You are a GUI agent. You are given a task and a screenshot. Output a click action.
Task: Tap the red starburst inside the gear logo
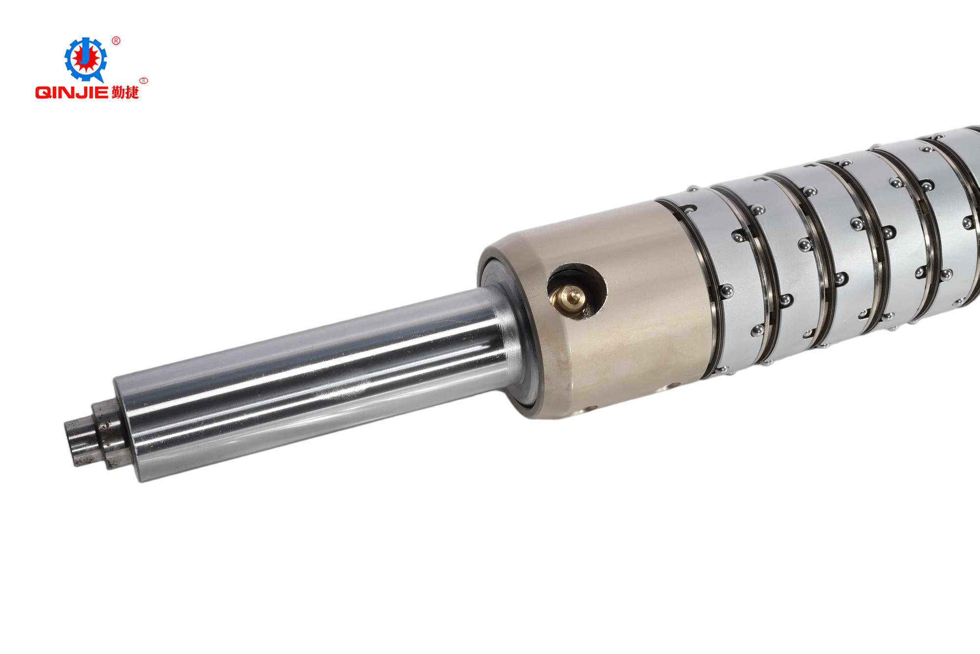click(86, 59)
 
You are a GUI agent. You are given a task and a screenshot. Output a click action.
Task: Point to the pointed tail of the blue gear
click(101, 78)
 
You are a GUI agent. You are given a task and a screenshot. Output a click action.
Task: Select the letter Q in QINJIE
click(43, 92)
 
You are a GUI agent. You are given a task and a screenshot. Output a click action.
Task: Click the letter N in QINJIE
click(68, 92)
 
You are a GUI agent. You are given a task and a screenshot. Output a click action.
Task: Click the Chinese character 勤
click(118, 92)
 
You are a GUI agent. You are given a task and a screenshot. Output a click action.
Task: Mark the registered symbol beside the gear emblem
click(116, 41)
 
